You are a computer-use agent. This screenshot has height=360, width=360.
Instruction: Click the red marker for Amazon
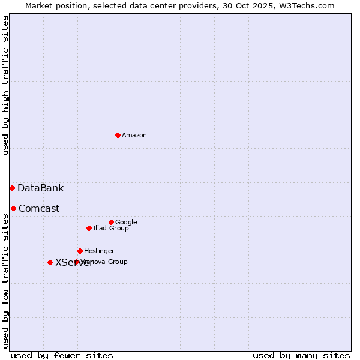pyautogui.click(x=118, y=135)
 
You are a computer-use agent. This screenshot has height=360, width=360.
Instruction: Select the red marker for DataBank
pyautogui.click(x=12, y=188)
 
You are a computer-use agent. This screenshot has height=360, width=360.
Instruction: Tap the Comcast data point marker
pyautogui.click(x=13, y=208)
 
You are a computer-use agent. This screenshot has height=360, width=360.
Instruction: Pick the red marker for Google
pyautogui.click(x=111, y=222)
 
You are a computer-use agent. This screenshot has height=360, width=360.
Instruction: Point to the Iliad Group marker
pyautogui.click(x=89, y=228)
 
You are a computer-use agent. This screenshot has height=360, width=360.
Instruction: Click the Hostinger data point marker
pyautogui.click(x=80, y=251)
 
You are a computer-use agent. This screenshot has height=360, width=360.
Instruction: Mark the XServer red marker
pyautogui.click(x=50, y=262)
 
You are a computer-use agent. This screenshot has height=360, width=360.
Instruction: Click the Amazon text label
pyautogui.click(x=134, y=135)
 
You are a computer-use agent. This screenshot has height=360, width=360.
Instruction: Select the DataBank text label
pyautogui.click(x=41, y=188)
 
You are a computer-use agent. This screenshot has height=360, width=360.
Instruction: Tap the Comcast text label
pyautogui.click(x=39, y=209)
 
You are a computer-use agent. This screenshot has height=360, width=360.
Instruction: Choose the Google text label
pyautogui.click(x=126, y=222)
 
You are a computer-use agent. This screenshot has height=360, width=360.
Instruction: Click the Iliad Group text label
pyautogui.click(x=111, y=228)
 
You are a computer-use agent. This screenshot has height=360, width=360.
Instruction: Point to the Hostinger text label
pyautogui.click(x=99, y=251)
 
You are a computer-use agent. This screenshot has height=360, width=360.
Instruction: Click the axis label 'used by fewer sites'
pyautogui.click(x=62, y=355)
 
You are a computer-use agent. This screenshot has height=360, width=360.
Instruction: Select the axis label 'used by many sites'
pyautogui.click(x=301, y=355)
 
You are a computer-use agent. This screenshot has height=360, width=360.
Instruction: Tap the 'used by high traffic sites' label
pyautogui.click(x=5, y=85)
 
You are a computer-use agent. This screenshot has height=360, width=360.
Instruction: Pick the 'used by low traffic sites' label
pyautogui.click(x=5, y=281)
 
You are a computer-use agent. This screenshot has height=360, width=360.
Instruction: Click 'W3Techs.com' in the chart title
pyautogui.click(x=310, y=5)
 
